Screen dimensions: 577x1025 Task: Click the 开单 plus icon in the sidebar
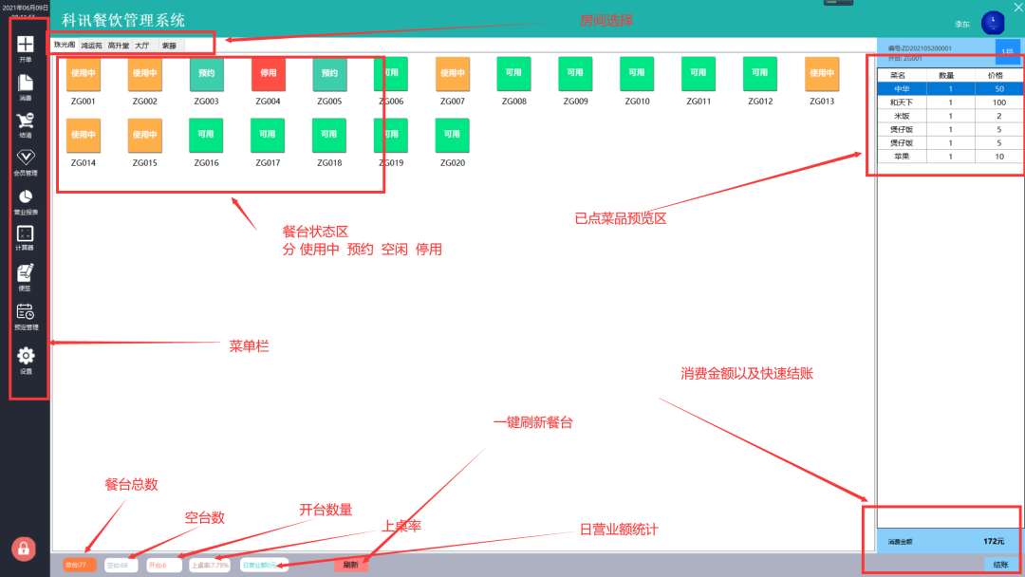pos(26,45)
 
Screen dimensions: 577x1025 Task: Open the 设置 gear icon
pos(26,356)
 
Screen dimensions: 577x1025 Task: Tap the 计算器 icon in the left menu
pos(26,233)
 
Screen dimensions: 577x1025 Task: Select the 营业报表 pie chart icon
pos(26,196)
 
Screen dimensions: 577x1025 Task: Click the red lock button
pos(24,549)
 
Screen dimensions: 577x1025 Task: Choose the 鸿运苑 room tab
pos(91,45)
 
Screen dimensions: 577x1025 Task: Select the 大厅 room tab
pos(141,45)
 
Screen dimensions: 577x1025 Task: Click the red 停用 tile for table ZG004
pos(268,73)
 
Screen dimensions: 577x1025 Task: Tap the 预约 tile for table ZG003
pos(206,73)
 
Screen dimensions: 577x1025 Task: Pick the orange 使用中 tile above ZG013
pos(822,73)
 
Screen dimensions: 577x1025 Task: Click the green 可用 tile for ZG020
pos(453,135)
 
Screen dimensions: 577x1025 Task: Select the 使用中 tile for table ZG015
pos(144,135)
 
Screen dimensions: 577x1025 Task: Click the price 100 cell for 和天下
pos(998,102)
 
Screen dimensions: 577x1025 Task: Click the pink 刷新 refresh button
pos(351,565)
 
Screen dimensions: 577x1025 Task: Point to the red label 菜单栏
pos(250,347)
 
